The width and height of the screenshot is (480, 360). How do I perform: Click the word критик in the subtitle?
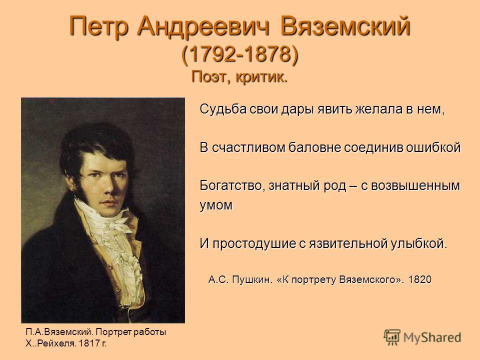click(x=261, y=76)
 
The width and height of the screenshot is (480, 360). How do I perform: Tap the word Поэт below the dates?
click(x=210, y=77)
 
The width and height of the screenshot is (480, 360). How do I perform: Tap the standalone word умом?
click(x=216, y=205)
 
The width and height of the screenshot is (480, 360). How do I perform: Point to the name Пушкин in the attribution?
click(x=252, y=279)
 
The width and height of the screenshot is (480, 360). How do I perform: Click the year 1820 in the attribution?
click(x=420, y=279)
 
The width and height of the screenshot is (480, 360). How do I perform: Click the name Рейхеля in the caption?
click(x=55, y=343)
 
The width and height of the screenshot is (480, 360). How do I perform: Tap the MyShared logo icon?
click(x=392, y=337)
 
